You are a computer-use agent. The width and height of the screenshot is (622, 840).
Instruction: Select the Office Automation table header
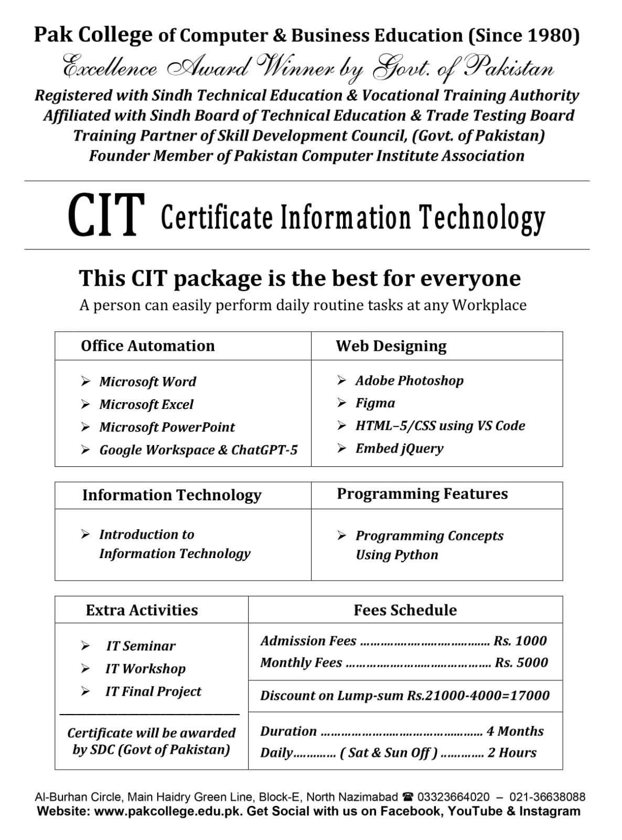coord(148,346)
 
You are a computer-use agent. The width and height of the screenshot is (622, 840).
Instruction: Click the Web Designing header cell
coord(391,346)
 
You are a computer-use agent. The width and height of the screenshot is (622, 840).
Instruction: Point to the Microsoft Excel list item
coord(146,405)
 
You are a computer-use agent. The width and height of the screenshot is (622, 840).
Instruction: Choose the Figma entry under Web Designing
coord(375,403)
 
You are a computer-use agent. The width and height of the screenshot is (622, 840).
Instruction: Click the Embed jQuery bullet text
coord(399,448)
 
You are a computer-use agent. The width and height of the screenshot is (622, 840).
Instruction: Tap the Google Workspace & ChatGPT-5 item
coord(198,450)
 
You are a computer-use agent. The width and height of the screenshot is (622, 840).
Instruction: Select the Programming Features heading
coord(422,494)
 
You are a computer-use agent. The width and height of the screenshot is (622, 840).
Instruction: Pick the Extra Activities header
coord(142,610)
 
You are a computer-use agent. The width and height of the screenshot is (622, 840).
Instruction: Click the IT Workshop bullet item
coord(145,669)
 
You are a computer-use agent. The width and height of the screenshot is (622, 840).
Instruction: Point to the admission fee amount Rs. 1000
coord(520,641)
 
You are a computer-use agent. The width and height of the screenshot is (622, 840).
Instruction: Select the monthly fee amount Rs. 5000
coord(521,663)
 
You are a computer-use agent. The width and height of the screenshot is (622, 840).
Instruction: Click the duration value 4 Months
coord(515,731)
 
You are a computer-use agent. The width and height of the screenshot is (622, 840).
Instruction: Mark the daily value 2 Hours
coord(512,753)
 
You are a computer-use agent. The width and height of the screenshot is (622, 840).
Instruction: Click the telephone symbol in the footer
coord(407,797)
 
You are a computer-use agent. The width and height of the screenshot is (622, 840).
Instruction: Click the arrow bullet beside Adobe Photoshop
coord(342,381)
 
